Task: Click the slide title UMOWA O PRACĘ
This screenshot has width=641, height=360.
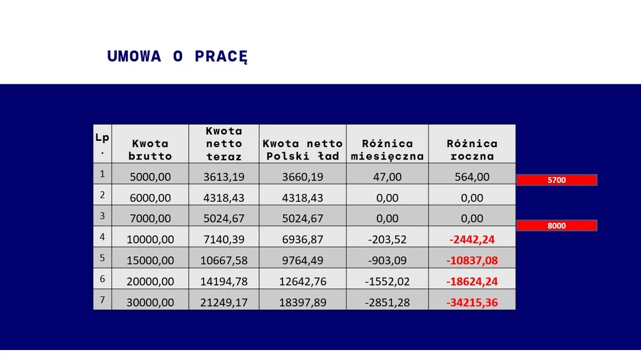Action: [x=178, y=56]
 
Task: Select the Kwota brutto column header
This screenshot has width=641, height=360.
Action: [x=150, y=150]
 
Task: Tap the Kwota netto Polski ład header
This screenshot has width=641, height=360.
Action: [x=302, y=150]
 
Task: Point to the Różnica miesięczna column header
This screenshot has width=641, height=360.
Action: [x=387, y=150]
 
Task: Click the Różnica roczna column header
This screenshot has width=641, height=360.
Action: [x=472, y=150]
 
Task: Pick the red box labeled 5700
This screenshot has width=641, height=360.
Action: [x=556, y=180]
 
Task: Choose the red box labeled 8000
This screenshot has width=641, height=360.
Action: [x=556, y=226]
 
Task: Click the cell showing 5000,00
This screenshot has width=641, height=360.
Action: [x=150, y=177]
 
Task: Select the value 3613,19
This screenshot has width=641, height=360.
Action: [x=223, y=177]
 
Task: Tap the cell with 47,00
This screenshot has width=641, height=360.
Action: [x=387, y=177]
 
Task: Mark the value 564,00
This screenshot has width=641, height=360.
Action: [x=472, y=177]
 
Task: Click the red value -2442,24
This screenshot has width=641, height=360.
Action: [x=472, y=239]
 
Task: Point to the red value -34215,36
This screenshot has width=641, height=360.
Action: [x=472, y=302]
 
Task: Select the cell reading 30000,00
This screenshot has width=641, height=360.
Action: [x=150, y=302]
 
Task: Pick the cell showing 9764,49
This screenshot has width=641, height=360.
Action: [x=302, y=260]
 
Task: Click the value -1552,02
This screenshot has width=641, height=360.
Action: [x=387, y=281]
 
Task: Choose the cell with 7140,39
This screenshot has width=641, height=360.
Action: [x=223, y=239]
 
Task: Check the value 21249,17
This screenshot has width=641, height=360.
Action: [x=223, y=302]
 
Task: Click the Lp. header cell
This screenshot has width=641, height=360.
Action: [x=102, y=143]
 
